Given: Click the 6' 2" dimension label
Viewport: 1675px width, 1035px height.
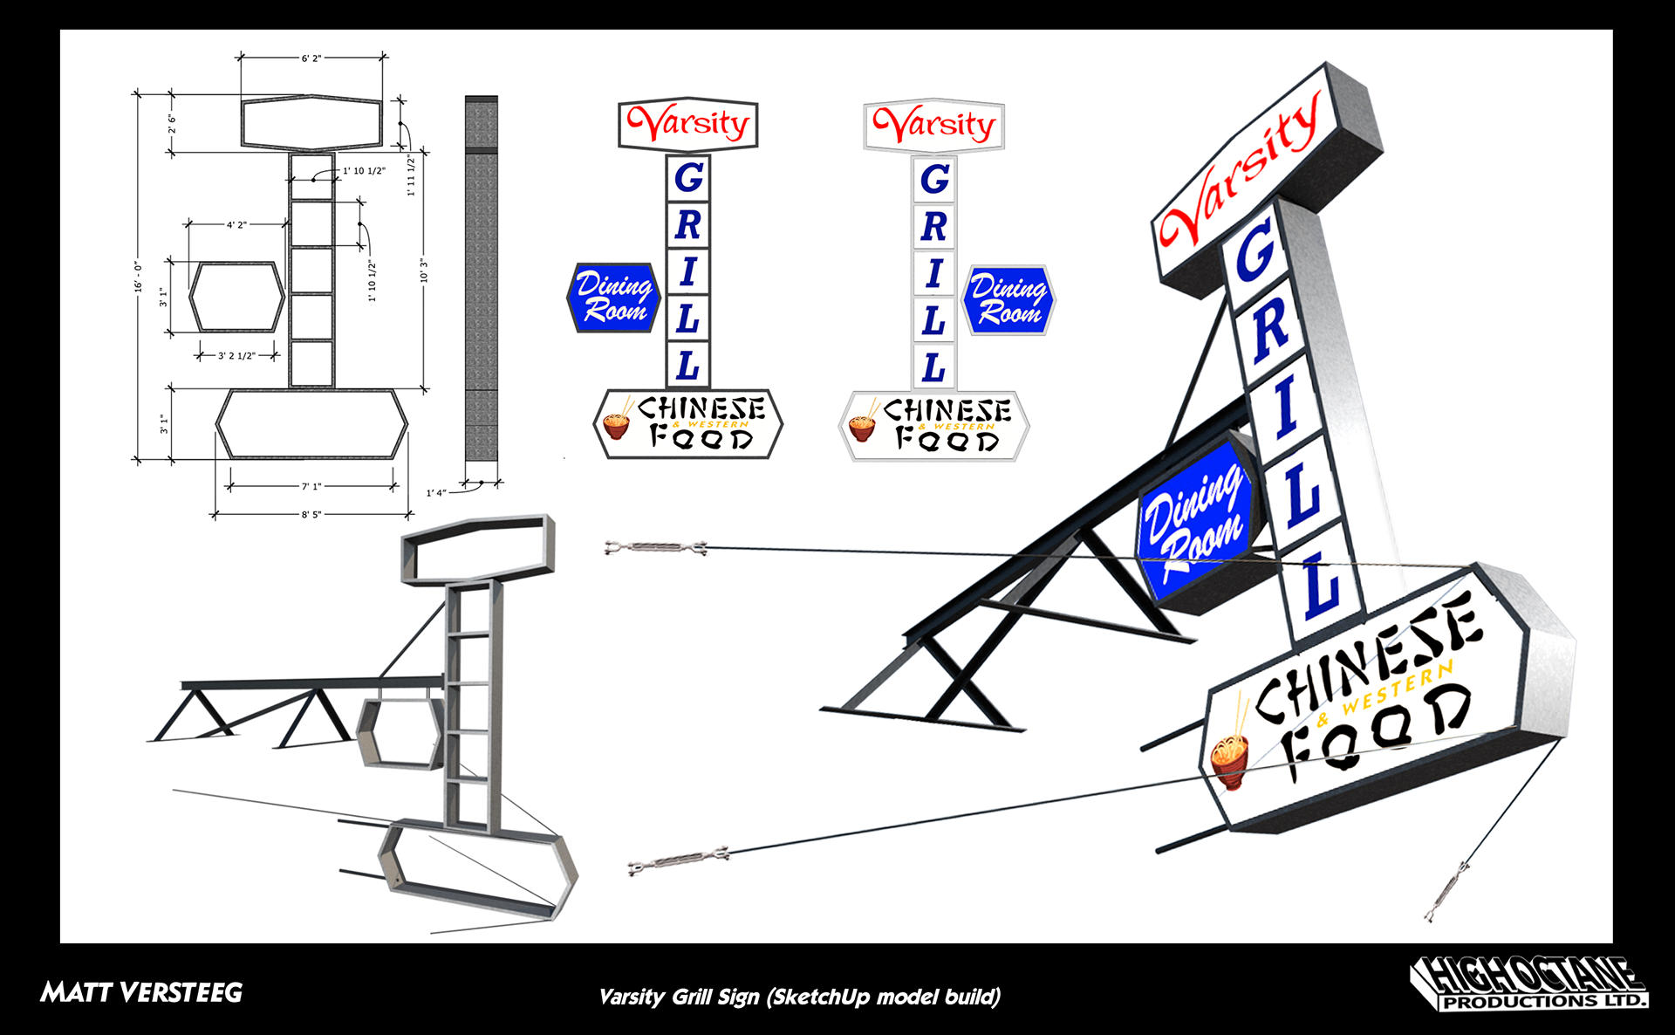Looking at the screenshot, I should (311, 58).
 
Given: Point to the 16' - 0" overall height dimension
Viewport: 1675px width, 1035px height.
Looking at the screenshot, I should (139, 276).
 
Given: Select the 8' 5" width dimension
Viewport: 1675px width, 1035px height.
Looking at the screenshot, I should (311, 515).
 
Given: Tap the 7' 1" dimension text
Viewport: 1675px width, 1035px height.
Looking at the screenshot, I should (311, 486).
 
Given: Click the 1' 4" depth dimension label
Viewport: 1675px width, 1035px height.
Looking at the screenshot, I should (436, 493).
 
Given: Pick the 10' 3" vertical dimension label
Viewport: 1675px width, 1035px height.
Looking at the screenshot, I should (424, 271).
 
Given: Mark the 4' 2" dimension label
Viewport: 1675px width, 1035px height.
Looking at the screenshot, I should (236, 225).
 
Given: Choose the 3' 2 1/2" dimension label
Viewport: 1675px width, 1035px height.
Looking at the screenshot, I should (236, 356).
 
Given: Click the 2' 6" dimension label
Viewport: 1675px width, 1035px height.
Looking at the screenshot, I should (173, 124).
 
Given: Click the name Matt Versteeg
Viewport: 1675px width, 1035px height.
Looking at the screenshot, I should (141, 992).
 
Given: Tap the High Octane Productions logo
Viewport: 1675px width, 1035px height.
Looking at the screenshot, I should (1528, 984).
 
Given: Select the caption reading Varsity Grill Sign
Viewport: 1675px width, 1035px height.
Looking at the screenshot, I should (799, 997).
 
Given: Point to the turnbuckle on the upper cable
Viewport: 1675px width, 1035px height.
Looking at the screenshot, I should (656, 548).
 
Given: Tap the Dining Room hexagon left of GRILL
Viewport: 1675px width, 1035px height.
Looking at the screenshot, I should (613, 298).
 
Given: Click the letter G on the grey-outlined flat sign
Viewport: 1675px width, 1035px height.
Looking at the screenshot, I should (934, 179).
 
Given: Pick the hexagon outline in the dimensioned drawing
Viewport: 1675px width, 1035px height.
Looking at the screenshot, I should (237, 297).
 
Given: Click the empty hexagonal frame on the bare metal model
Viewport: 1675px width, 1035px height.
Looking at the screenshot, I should (400, 733).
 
